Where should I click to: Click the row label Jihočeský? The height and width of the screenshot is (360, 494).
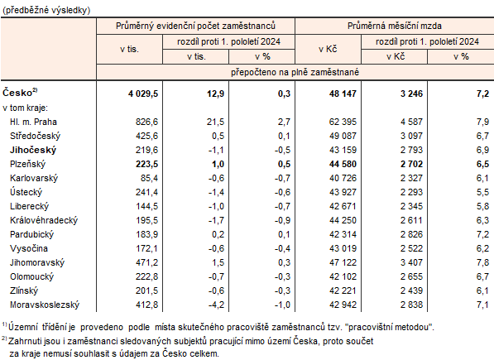tap(34, 149)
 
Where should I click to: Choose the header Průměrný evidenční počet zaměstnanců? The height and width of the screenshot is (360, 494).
tap(196, 27)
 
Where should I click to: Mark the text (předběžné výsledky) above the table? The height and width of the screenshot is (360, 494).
tap(48, 8)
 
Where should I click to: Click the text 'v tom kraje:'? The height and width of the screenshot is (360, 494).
tap(26, 108)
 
